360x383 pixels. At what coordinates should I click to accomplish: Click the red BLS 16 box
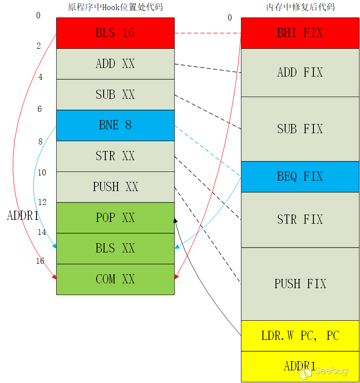tap(115, 33)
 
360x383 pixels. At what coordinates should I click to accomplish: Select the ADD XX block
tap(115, 64)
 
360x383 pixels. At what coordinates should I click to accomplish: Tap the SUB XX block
tap(115, 94)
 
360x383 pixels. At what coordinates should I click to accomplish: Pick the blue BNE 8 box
tap(115, 125)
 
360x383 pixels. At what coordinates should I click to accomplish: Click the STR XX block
tap(115, 156)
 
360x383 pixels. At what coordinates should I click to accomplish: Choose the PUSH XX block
tap(115, 187)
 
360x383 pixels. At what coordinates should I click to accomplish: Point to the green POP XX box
tap(115, 218)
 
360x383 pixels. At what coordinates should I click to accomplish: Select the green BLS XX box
tap(115, 249)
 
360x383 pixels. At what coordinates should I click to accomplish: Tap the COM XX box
tap(115, 279)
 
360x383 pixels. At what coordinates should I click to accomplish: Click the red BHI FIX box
tap(300, 33)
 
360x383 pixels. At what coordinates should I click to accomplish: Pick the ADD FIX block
tap(300, 72)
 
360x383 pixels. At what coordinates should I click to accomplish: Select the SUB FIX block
tap(300, 129)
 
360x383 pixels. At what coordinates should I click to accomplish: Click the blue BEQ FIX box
tap(300, 177)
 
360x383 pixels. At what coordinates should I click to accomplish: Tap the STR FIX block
tap(300, 219)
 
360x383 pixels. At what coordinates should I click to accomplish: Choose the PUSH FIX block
tap(300, 284)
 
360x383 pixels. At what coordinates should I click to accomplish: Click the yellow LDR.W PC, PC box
tap(300, 336)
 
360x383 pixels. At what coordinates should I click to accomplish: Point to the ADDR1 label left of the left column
tap(23, 216)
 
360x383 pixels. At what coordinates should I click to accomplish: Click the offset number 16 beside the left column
tap(40, 261)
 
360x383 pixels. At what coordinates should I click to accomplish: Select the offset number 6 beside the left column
tap(40, 109)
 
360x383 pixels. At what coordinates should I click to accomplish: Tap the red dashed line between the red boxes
tap(208, 33)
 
